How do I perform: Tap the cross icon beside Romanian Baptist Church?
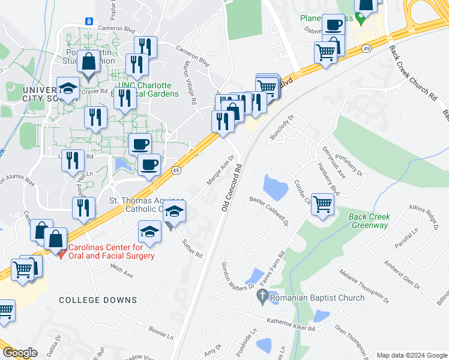[x=262, y=296]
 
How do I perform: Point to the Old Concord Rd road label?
[x=232, y=187]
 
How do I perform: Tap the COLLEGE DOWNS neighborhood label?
[x=98, y=299]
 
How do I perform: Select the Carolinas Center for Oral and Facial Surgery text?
[x=111, y=251]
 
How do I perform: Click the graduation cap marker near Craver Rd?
[x=68, y=88]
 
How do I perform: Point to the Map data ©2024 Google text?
[x=411, y=355]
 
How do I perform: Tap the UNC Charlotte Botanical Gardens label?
[x=147, y=89]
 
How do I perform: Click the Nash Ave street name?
[x=121, y=273]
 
